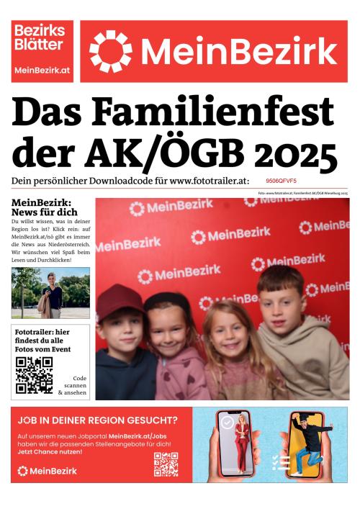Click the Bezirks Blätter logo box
[42, 50]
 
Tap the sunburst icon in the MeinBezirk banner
[110, 51]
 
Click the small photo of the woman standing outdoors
[50, 293]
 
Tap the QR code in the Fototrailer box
[35, 374]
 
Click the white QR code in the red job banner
[166, 464]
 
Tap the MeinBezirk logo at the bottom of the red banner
[47, 471]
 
